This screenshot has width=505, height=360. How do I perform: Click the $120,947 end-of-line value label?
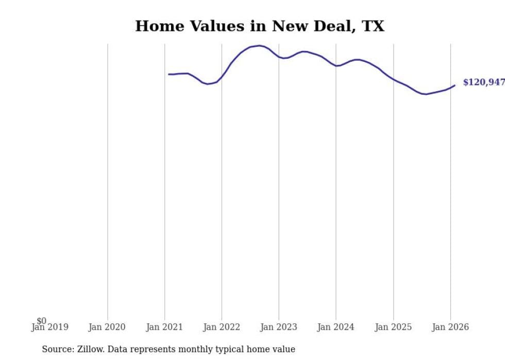pos(483,82)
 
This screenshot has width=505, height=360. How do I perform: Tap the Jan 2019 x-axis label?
pos(50,327)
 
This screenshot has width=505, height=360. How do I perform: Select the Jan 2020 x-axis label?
pos(107,327)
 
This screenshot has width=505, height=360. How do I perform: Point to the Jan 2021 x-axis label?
pos(164,327)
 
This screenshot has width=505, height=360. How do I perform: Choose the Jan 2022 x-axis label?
pos(222,327)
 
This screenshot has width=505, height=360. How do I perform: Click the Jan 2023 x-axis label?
pos(279,327)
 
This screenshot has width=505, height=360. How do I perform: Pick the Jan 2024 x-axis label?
pos(336,327)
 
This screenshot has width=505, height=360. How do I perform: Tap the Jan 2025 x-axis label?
pos(393,327)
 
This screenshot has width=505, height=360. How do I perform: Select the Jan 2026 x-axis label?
pos(450,327)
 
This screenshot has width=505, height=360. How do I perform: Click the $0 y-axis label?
pos(41,321)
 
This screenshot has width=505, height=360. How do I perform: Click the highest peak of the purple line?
pos(259,45)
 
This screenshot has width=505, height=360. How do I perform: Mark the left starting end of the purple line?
pos(169,74)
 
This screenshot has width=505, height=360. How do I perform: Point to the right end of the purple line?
pos(454,85)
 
